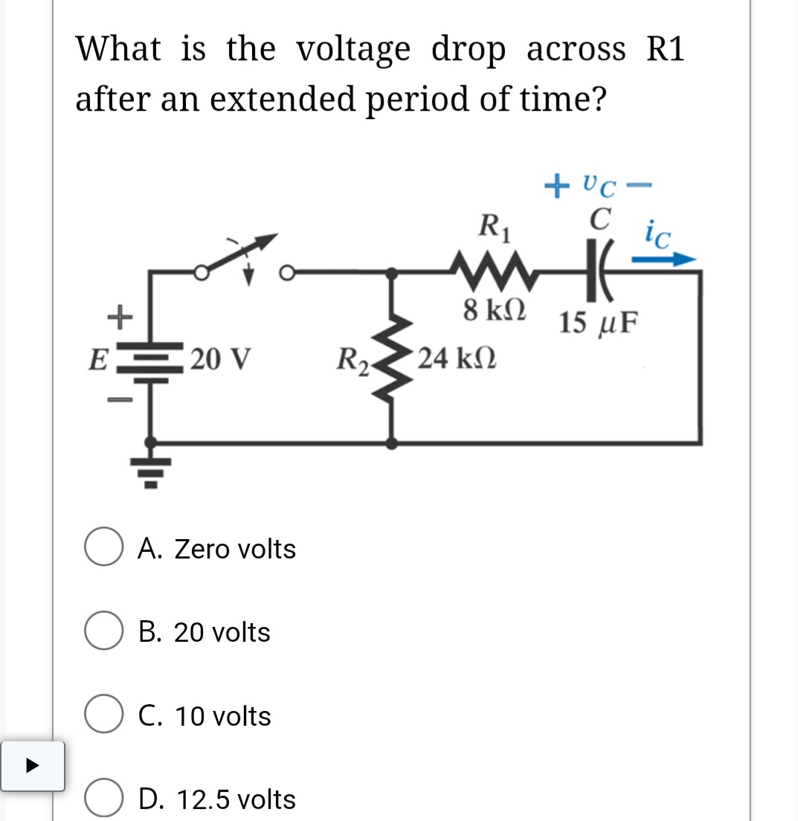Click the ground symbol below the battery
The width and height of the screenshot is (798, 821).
coord(151,469)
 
